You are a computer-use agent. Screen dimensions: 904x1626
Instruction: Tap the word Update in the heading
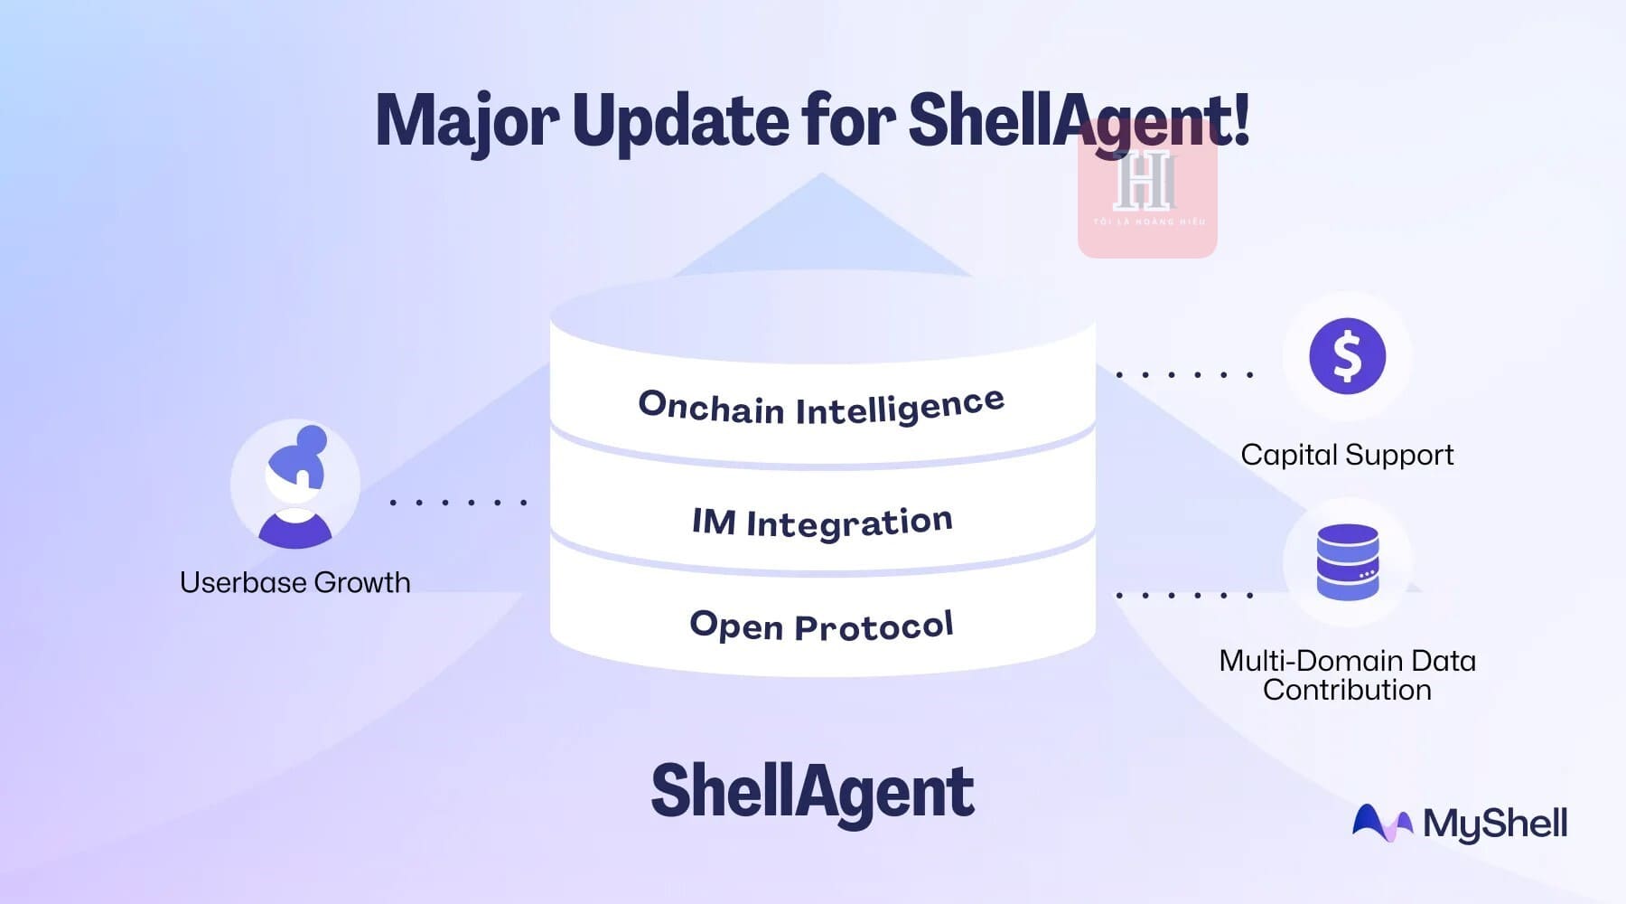680,121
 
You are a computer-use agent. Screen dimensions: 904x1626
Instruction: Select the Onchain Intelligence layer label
820,407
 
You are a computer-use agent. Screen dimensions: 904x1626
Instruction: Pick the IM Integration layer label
822,522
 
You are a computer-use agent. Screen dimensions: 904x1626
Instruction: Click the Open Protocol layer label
821,626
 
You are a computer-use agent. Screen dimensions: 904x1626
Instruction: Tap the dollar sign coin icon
1347,356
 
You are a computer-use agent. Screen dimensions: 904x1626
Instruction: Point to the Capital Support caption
1347,455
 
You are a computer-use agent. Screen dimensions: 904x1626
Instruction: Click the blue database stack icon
1347,562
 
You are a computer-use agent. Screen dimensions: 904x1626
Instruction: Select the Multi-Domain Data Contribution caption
1347,675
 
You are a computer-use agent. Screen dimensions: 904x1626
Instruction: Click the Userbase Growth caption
295,582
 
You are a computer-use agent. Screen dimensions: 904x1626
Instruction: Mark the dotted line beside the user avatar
458,502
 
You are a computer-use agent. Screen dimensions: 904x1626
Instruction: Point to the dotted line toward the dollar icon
1184,373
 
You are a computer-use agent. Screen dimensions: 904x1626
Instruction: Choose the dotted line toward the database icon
1184,595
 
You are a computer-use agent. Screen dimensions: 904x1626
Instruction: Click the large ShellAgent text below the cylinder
812,791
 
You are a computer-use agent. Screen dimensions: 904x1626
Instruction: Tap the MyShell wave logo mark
1381,824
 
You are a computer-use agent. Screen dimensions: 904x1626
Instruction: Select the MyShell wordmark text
1495,824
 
